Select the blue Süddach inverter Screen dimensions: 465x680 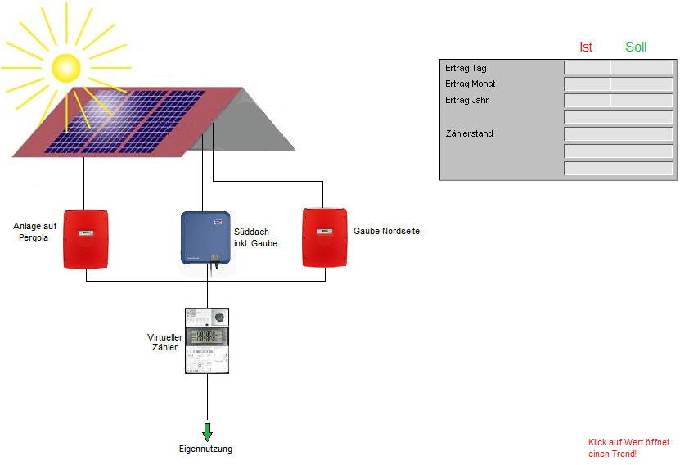[x=205, y=238]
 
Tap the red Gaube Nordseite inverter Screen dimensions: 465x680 [x=325, y=238]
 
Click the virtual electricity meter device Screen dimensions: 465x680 [x=207, y=341]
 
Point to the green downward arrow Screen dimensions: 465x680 [x=207, y=431]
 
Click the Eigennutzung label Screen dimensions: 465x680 [x=206, y=449]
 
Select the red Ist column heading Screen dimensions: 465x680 [x=586, y=47]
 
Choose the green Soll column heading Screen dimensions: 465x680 [x=636, y=47]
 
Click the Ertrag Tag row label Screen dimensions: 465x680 [x=466, y=68]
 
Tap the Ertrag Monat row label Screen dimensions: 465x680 [x=471, y=84]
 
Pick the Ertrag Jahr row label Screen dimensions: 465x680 [x=467, y=100]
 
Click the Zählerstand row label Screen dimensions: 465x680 [x=470, y=133]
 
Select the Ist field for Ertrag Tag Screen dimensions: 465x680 [x=587, y=68]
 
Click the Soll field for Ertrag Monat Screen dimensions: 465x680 [x=641, y=84]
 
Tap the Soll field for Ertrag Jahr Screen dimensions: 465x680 [x=641, y=101]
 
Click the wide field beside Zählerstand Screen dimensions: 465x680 [x=618, y=133]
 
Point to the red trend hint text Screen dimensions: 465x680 [x=628, y=448]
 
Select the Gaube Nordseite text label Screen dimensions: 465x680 [x=386, y=232]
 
